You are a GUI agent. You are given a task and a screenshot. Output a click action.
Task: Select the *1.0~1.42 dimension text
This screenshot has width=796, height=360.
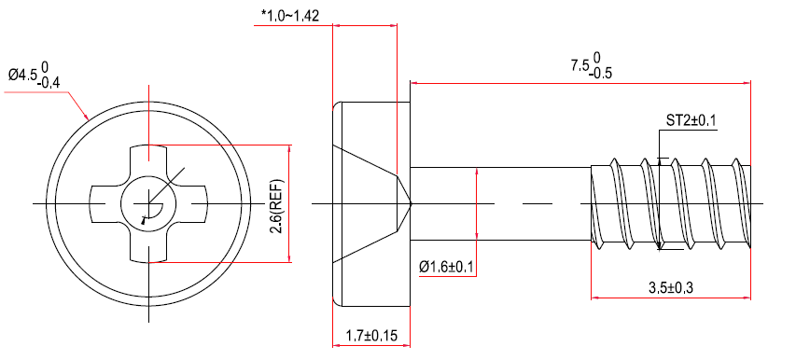[x=290, y=15]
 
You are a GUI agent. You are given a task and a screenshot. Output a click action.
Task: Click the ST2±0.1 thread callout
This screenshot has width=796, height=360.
[x=691, y=120]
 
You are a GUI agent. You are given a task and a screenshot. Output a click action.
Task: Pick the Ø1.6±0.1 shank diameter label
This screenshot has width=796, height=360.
[x=447, y=267]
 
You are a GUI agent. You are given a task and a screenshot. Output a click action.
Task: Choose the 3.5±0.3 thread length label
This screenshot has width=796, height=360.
[x=670, y=287]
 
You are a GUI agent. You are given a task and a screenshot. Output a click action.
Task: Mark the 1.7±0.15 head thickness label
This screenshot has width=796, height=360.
[x=371, y=334]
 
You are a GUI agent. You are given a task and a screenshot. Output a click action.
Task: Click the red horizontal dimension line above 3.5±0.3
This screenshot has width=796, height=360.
[x=670, y=299]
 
